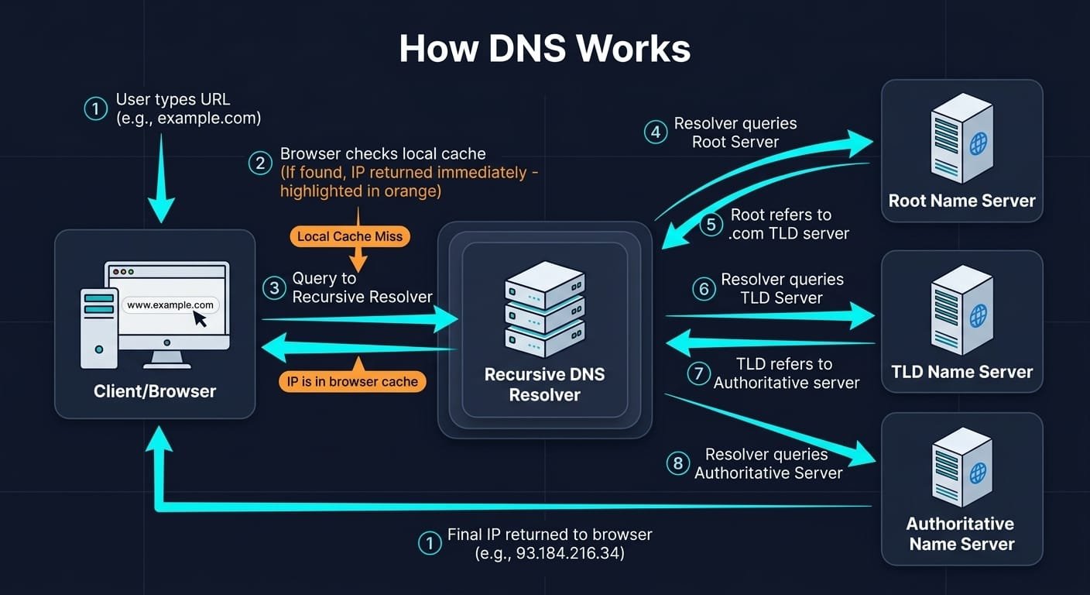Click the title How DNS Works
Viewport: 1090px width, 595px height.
(544, 49)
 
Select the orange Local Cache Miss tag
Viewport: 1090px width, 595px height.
(350, 236)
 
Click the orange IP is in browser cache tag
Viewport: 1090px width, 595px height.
(352, 380)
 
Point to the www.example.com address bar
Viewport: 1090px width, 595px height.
(170, 305)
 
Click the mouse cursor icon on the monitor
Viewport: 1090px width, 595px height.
(201, 318)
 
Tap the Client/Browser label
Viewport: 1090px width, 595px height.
(155, 391)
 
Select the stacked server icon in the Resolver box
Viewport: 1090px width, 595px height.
(544, 308)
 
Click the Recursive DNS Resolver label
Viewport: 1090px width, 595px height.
(544, 384)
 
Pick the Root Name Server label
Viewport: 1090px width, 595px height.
(961, 201)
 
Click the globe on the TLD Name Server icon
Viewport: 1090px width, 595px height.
(979, 315)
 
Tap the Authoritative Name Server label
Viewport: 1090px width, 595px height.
(961, 534)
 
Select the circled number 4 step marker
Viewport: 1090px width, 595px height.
(656, 132)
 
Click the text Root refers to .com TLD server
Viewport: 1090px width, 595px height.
(780, 224)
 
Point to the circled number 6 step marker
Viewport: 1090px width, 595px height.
(703, 289)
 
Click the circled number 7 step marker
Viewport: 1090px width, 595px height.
(698, 374)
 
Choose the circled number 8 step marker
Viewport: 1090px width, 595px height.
(677, 463)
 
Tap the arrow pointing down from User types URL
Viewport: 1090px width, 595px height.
(162, 178)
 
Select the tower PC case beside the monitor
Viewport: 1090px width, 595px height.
(99, 328)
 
